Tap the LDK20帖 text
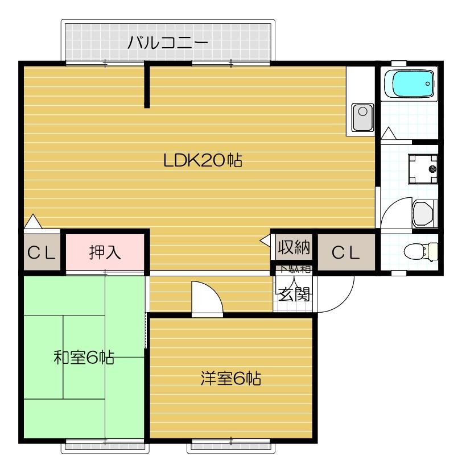click(x=203, y=161)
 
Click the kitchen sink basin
click(x=362, y=117)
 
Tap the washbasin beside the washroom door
click(x=424, y=214)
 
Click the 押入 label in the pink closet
click(x=105, y=252)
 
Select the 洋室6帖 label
click(x=230, y=378)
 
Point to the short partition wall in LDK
click(x=147, y=85)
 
